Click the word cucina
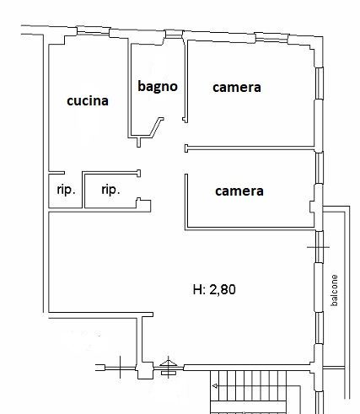pyautogui.click(x=88, y=101)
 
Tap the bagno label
pyautogui.click(x=158, y=86)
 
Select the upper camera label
pyautogui.click(x=237, y=88)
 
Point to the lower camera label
pyautogui.click(x=239, y=191)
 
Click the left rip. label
pyautogui.click(x=67, y=190)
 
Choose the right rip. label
pyautogui.click(x=110, y=190)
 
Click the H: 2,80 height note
pyautogui.click(x=214, y=289)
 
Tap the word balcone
pyautogui.click(x=334, y=290)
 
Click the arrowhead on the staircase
pyautogui.click(x=215, y=386)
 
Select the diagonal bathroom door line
pyautogui.click(x=155, y=128)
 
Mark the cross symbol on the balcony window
pyautogui.click(x=318, y=247)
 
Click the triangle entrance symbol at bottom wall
pyautogui.click(x=169, y=363)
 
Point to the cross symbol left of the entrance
pyautogui.click(x=121, y=367)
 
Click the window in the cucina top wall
pyautogui.click(x=93, y=31)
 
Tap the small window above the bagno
pyautogui.click(x=174, y=35)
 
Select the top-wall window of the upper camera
pyautogui.click(x=271, y=38)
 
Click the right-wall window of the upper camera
pyautogui.click(x=320, y=83)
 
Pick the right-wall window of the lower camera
pyautogui.click(x=320, y=168)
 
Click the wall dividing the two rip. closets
pyautogui.click(x=83, y=190)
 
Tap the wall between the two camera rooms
pyautogui.click(x=250, y=148)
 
